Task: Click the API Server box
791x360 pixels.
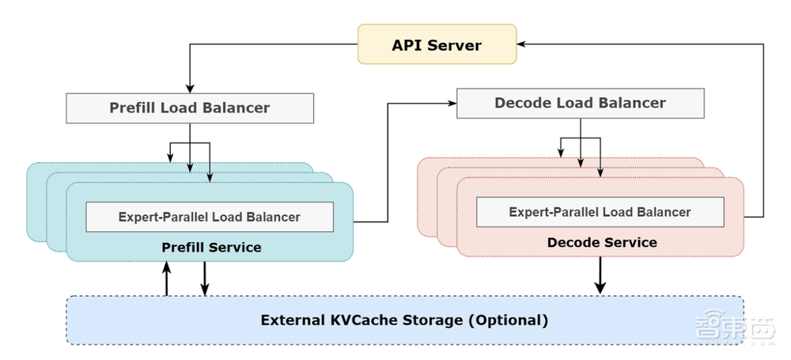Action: pyautogui.click(x=437, y=44)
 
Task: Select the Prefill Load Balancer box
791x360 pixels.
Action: pyautogui.click(x=190, y=108)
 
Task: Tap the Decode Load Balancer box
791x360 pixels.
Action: pyautogui.click(x=580, y=104)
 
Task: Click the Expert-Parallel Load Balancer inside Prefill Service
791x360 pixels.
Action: pyautogui.click(x=210, y=217)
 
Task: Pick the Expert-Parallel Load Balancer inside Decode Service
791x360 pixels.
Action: pyautogui.click(x=600, y=212)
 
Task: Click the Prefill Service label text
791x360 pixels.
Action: pyautogui.click(x=211, y=248)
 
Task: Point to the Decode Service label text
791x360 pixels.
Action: pyautogui.click(x=602, y=242)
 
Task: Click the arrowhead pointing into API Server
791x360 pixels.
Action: pyautogui.click(x=521, y=44)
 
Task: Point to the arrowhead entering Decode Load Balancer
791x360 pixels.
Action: pyautogui.click(x=452, y=104)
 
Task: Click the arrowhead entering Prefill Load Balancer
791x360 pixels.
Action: pyautogui.click(x=190, y=89)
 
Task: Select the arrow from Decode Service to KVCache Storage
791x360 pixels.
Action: pyautogui.click(x=600, y=275)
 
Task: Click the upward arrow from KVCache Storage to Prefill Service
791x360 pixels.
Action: pyautogui.click(x=166, y=279)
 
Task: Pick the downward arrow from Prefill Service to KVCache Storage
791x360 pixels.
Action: pyautogui.click(x=204, y=279)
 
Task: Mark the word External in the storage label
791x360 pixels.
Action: pyautogui.click(x=293, y=320)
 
